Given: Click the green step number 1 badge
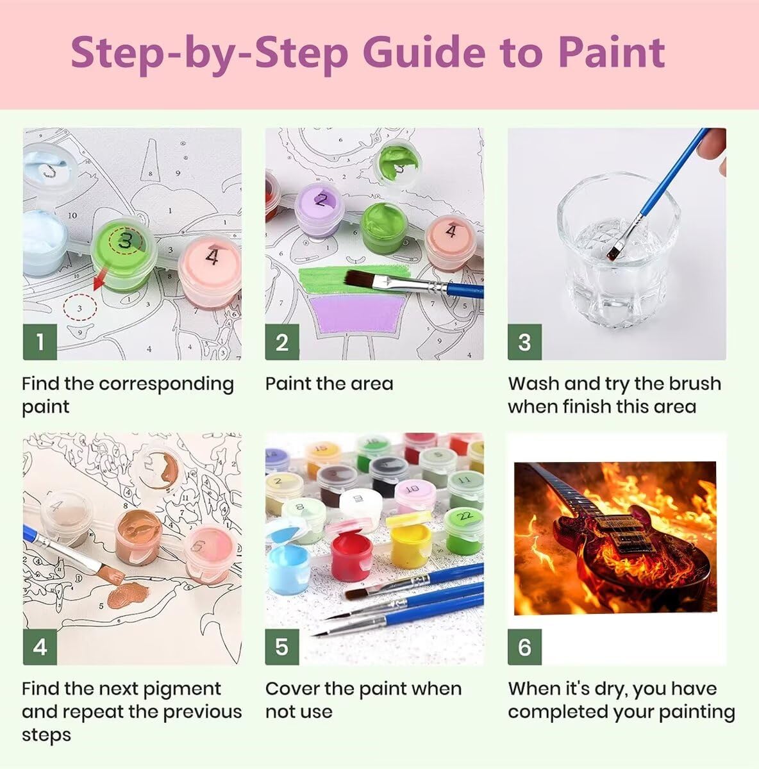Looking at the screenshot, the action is pos(40,342).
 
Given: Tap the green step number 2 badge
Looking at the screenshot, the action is pos(282,342).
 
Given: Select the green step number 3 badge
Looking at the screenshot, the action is pos(524,342).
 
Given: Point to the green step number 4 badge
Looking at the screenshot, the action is pos(40,647).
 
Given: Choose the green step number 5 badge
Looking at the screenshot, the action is pos(282,647).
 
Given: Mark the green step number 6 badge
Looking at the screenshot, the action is pos(524,647).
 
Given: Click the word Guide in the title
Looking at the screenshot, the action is pos(424,53).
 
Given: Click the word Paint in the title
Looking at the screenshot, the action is pos(612,53).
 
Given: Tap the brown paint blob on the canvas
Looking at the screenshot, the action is pos(128,594).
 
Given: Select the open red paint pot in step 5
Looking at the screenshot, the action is pos(351,552).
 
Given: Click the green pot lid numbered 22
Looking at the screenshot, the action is pos(464,517).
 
